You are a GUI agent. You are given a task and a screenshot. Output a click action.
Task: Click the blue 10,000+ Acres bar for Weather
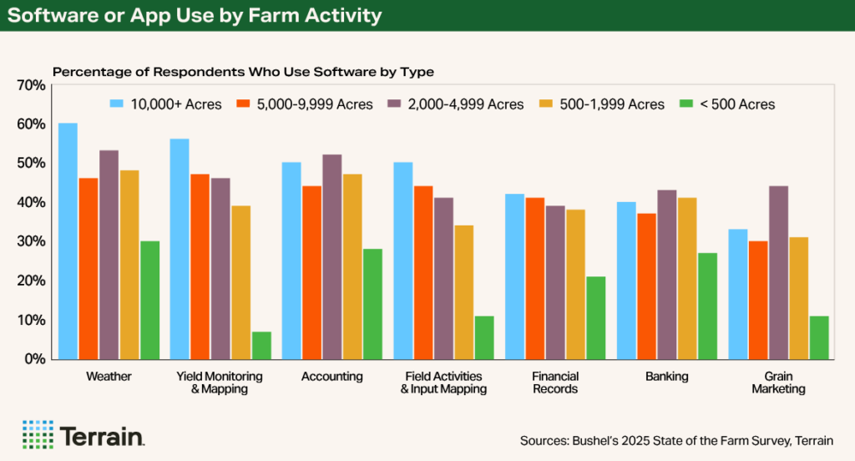tap(68, 241)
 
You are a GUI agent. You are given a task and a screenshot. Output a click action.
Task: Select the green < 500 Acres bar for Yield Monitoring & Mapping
tap(261, 345)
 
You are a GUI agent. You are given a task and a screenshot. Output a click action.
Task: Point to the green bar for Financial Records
tap(595, 317)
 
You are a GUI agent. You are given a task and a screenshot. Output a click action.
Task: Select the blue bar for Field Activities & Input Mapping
tap(402, 261)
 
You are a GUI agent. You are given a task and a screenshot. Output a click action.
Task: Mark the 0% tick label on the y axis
tap(34, 359)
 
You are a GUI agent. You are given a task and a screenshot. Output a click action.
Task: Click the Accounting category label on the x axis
tap(331, 377)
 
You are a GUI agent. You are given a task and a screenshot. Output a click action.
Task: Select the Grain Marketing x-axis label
tap(778, 382)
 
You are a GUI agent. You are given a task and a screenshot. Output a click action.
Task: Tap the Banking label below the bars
tap(666, 377)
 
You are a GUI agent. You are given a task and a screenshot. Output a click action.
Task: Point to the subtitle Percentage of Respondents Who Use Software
tap(243, 72)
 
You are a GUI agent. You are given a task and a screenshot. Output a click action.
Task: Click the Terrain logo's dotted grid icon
tap(38, 434)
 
